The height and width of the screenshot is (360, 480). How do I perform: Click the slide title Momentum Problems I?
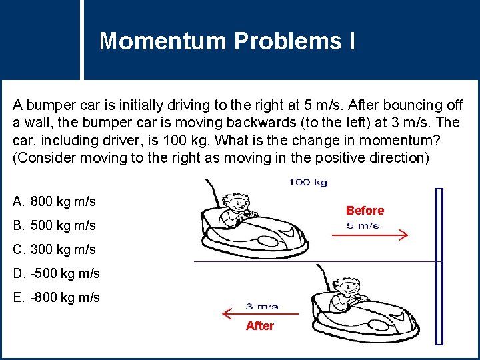[227, 41]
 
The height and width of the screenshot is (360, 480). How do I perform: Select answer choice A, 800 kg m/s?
[54, 201]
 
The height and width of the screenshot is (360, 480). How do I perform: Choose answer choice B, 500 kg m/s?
[54, 225]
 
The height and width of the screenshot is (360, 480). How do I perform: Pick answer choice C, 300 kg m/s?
[54, 249]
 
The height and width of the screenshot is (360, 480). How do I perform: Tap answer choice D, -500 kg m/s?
[56, 273]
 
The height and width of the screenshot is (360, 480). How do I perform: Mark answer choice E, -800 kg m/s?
[56, 297]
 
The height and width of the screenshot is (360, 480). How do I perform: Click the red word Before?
[365, 211]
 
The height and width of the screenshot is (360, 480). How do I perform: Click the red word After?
[259, 326]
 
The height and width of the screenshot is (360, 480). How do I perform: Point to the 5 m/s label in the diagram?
[363, 226]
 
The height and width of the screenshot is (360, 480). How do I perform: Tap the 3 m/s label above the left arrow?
[262, 307]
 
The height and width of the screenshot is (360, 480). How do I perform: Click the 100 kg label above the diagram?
[307, 183]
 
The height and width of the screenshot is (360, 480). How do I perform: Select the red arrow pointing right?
[370, 235]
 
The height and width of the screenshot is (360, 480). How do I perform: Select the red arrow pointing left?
[260, 314]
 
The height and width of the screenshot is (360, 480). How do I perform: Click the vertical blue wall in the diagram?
[439, 266]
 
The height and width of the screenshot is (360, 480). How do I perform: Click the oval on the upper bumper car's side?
[268, 242]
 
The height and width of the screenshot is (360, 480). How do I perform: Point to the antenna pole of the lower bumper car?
[324, 278]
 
